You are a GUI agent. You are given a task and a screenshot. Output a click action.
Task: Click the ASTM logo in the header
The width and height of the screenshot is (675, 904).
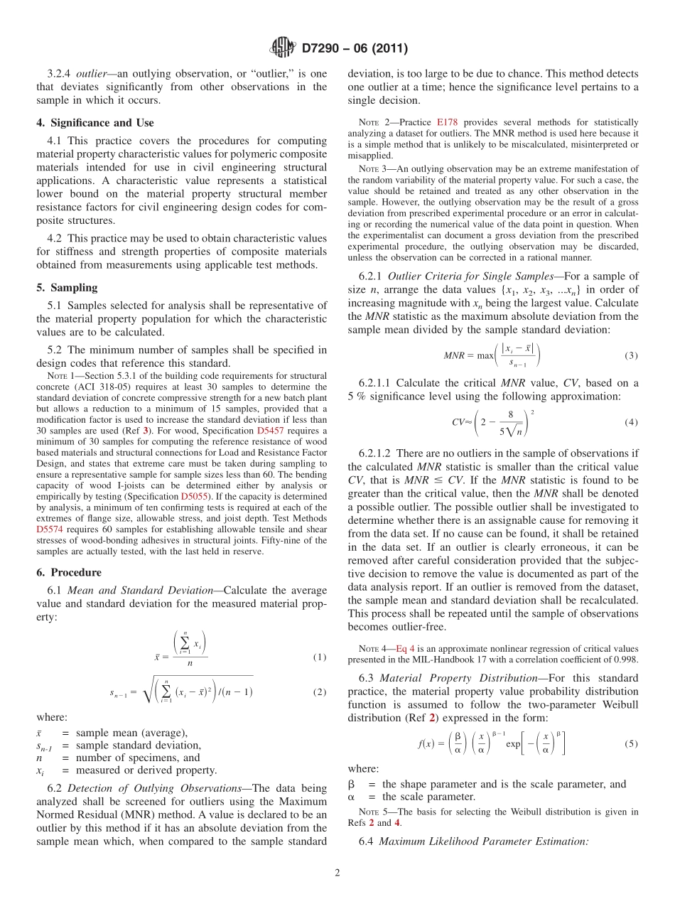[283, 49]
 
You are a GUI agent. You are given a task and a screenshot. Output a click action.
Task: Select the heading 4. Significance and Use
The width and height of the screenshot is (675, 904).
[94, 123]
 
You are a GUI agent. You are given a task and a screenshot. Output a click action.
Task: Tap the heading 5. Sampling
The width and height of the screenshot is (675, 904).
[67, 288]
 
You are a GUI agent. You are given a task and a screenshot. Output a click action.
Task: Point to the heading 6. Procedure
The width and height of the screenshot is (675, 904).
[69, 572]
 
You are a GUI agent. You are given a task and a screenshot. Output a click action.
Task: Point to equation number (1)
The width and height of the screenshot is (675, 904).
[320, 657]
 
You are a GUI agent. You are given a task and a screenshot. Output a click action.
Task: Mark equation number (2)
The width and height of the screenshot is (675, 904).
[320, 692]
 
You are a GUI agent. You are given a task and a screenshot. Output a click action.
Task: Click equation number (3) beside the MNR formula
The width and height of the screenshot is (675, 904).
[630, 355]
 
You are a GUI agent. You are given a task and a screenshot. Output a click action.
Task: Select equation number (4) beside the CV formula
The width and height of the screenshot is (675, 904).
[630, 422]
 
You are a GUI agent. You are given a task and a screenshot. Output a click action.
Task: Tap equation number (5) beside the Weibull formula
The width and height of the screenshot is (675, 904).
[630, 744]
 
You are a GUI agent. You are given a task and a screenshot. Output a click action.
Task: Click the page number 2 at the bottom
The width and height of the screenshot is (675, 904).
[337, 873]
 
